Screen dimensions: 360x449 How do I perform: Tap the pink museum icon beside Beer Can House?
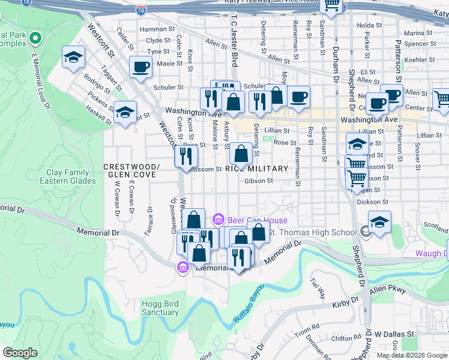pos(219,220)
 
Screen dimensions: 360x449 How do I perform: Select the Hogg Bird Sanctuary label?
pos(160,308)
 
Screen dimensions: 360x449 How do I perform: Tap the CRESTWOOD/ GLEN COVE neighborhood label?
pos(131,170)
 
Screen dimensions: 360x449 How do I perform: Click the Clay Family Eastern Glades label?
pos(67,176)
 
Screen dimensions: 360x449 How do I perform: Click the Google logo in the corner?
pos(20,353)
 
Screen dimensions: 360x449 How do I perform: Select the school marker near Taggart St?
pos(73,57)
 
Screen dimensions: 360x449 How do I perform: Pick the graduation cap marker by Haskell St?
pos(125,112)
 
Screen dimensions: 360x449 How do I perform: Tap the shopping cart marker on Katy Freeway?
pos(331,6)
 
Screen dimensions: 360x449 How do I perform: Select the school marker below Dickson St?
pos(379,221)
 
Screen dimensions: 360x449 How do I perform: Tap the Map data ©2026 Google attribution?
pos(412,355)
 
